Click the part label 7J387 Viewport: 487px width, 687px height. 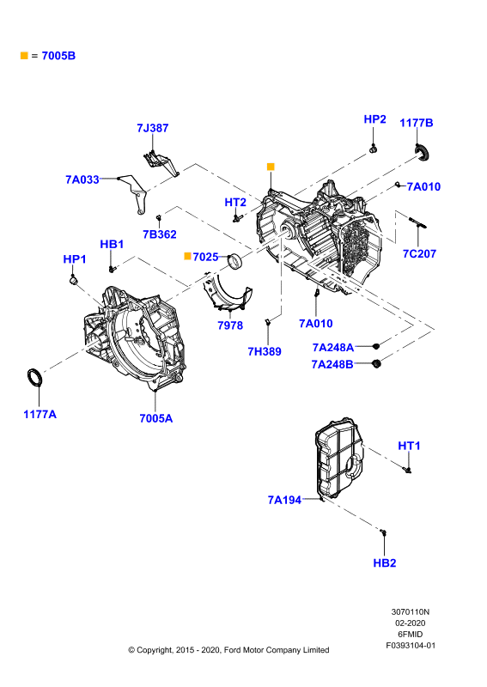(x=153, y=128)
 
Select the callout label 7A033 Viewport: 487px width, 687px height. (x=82, y=179)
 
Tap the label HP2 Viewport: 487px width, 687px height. (x=374, y=119)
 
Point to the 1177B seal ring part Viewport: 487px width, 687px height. (x=423, y=152)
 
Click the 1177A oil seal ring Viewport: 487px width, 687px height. (x=35, y=378)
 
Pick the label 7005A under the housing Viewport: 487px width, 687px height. (x=156, y=418)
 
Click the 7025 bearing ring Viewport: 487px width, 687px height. (x=236, y=262)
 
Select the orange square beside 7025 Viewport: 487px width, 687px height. (x=187, y=256)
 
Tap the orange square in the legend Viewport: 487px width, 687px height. (x=24, y=55)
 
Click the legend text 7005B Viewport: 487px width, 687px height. (x=58, y=56)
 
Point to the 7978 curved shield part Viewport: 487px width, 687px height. (x=227, y=292)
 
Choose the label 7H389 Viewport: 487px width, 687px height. (x=265, y=351)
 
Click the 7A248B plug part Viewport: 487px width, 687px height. (x=375, y=363)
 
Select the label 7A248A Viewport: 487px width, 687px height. (x=332, y=348)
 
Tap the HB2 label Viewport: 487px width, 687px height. (x=385, y=563)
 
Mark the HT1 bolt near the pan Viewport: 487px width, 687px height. (x=407, y=470)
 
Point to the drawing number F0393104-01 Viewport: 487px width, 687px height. (x=411, y=646)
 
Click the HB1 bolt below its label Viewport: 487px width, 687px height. (x=112, y=268)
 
